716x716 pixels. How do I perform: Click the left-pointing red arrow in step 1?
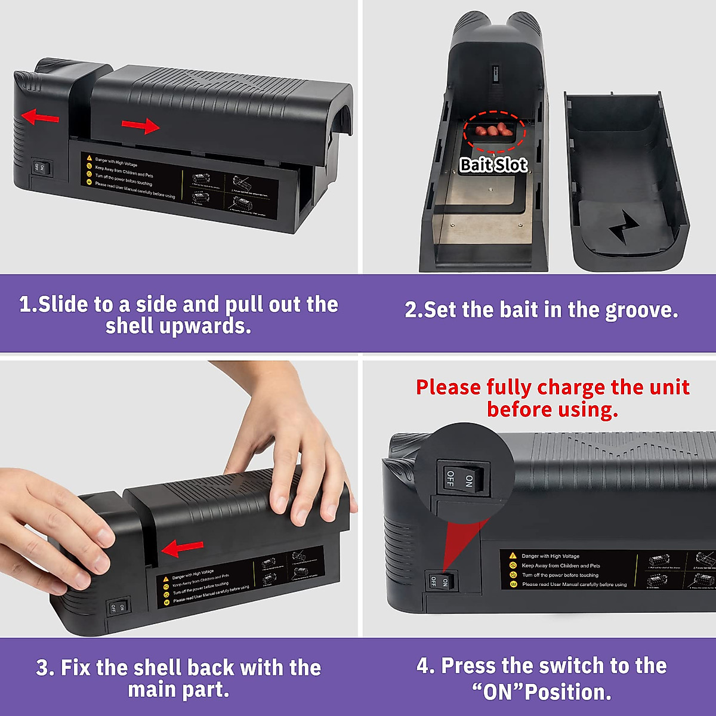(40, 117)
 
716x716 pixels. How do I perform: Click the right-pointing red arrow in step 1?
(141, 125)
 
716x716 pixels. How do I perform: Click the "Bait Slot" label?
(493, 165)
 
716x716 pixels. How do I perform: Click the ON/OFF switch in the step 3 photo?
(118, 607)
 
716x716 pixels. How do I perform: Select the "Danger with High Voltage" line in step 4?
(550, 556)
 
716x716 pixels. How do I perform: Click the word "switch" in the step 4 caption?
(576, 666)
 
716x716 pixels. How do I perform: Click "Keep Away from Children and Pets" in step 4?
(561, 566)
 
